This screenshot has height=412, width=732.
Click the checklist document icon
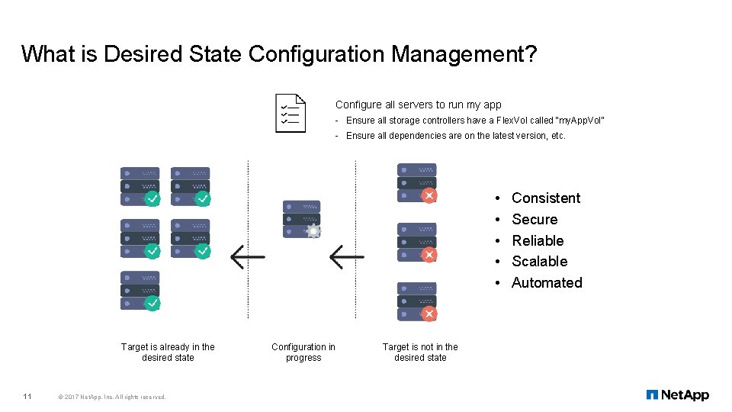tap(291, 113)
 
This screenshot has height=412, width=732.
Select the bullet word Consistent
tap(546, 198)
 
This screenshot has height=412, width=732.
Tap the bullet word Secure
tap(535, 220)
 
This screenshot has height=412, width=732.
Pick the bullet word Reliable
tap(538, 240)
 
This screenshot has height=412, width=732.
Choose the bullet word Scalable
tap(539, 262)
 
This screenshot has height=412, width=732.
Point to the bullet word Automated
tap(547, 283)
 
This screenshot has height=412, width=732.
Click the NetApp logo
tap(677, 394)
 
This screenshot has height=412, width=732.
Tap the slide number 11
tap(27, 396)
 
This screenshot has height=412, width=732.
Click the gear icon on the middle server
tap(313, 230)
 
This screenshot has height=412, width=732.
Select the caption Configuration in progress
tap(303, 352)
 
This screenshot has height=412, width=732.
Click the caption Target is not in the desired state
tap(420, 352)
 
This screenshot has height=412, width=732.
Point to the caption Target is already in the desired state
tap(168, 352)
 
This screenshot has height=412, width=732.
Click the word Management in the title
tap(457, 54)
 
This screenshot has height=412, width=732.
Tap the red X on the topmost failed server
tap(429, 195)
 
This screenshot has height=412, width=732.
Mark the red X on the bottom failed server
tap(429, 314)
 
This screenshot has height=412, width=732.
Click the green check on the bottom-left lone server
tap(152, 303)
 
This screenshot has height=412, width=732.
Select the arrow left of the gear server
tap(248, 257)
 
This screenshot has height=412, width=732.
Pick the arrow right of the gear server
tap(346, 257)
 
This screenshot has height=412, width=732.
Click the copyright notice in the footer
tap(112, 396)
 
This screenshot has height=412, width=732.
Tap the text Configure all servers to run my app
tap(418, 105)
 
